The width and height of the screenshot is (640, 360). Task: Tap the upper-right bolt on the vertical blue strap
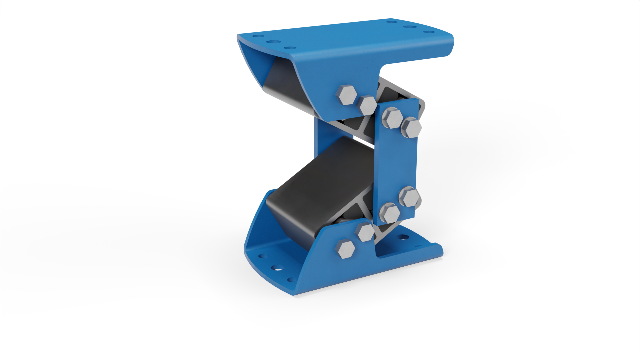click(x=411, y=128)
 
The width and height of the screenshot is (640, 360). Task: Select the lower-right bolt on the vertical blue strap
click(x=410, y=197)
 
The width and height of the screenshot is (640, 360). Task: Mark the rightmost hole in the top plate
click(x=432, y=32)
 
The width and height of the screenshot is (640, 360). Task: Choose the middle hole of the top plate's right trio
click(x=408, y=27)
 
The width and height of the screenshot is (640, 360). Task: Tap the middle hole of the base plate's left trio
click(x=276, y=267)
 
